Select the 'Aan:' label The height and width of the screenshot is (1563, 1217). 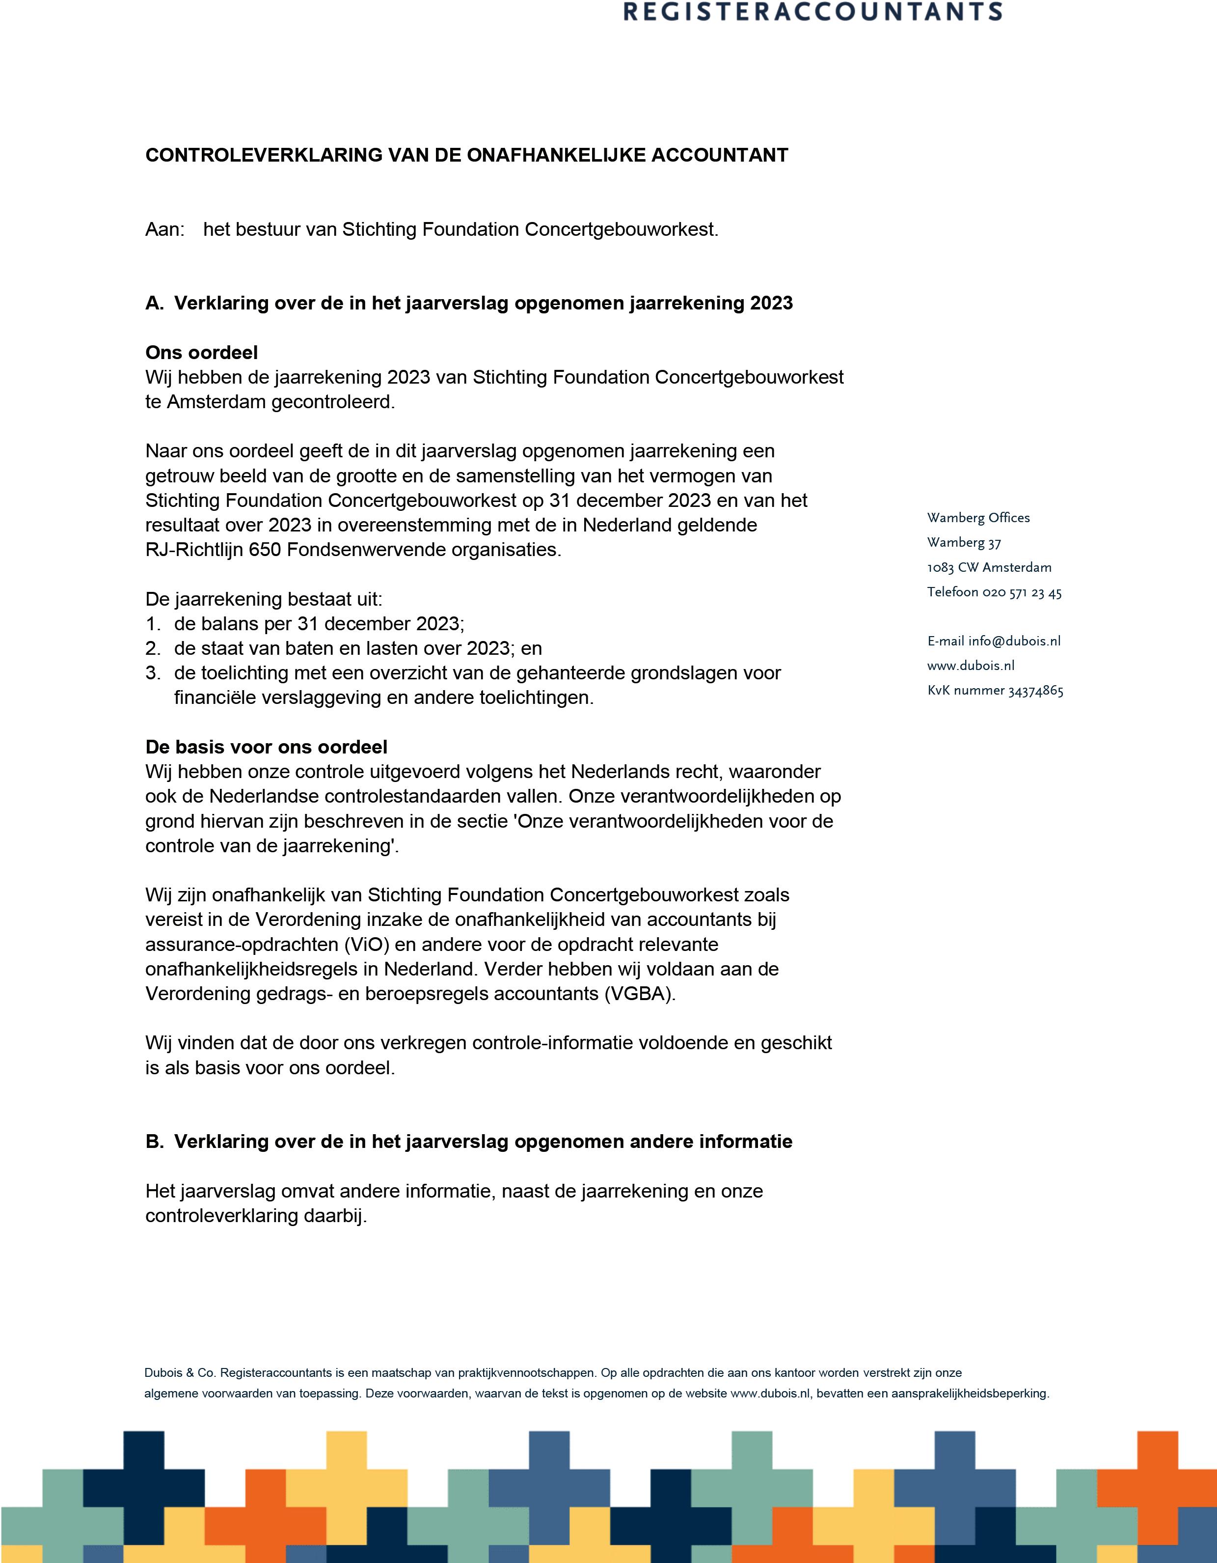[164, 230]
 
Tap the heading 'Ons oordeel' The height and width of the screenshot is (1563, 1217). [201, 352]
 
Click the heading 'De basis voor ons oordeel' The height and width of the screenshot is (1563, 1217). [266, 747]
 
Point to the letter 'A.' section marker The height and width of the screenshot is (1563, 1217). [155, 304]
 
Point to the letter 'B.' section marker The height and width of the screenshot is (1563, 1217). [155, 1142]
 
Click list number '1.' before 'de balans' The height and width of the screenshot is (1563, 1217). [153, 624]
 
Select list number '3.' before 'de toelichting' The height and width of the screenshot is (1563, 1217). [153, 673]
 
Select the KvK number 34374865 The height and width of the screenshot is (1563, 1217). [1035, 691]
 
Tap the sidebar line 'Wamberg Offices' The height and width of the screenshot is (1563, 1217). [978, 518]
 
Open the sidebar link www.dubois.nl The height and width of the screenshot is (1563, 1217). [970, 666]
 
